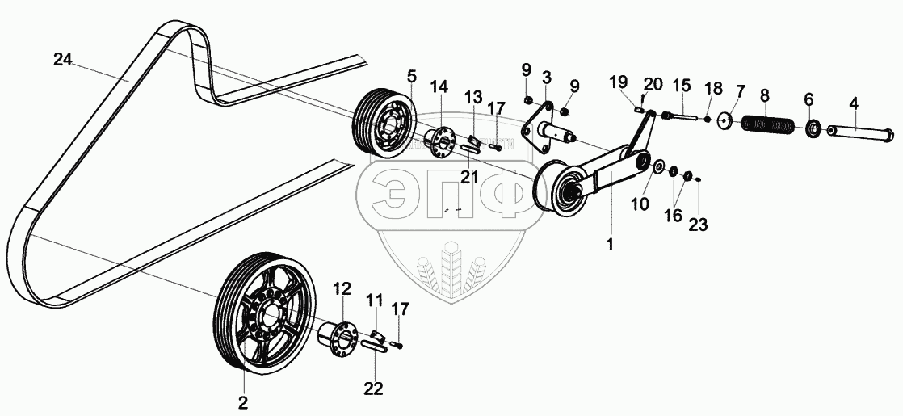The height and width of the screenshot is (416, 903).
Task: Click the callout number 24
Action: [64, 60]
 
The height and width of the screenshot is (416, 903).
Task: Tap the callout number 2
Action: [242, 401]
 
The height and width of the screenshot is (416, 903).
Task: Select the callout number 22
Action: [372, 389]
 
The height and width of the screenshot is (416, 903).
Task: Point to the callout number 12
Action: [342, 288]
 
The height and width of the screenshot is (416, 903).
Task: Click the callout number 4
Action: [853, 103]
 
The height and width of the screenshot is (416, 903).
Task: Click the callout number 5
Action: [411, 78]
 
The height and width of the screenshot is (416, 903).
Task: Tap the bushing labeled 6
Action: [813, 128]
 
